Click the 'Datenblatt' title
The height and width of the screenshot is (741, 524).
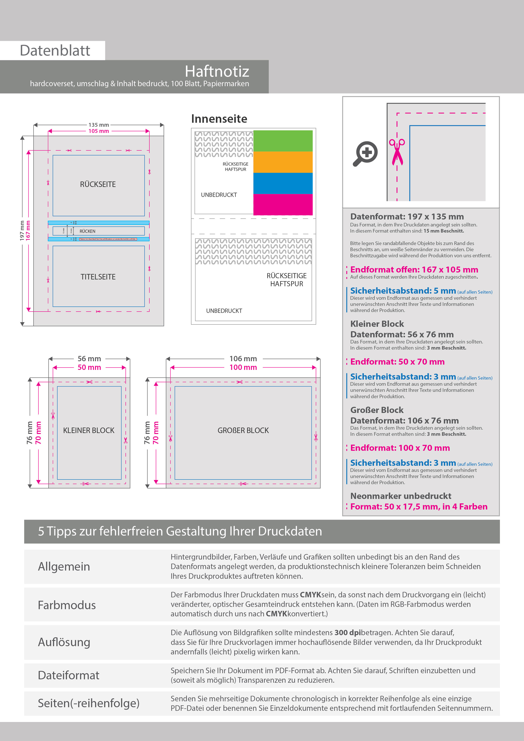[55, 51]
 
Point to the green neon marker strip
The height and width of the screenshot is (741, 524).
[283, 141]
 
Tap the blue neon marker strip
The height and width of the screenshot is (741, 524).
[283, 183]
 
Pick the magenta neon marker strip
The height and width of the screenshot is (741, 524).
[283, 204]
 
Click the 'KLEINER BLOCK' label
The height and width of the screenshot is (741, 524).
[89, 430]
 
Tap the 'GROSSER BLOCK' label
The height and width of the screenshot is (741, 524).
[243, 430]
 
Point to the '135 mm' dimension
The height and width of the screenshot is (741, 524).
[99, 125]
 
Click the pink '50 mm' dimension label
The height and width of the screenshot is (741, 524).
[89, 368]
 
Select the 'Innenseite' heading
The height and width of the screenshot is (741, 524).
[219, 119]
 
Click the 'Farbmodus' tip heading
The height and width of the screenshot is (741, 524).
[67, 605]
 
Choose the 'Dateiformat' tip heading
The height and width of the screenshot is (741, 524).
[68, 676]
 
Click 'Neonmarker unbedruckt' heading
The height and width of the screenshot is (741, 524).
[401, 496]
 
